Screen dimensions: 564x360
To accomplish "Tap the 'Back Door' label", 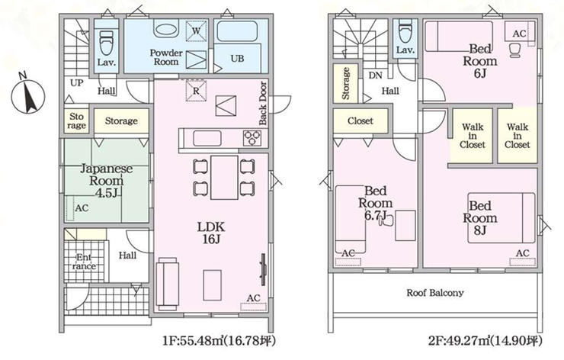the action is (x=263, y=103).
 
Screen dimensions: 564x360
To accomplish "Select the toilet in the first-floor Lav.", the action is (x=106, y=43).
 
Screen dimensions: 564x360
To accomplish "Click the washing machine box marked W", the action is (x=196, y=31).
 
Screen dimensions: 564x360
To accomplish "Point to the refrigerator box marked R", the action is (x=196, y=91).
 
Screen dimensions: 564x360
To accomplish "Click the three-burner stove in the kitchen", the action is (x=252, y=138).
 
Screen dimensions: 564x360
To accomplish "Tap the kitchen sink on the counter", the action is (x=207, y=138).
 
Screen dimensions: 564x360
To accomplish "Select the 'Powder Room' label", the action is (x=166, y=57).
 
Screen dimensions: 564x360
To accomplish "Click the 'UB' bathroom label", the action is (x=237, y=58).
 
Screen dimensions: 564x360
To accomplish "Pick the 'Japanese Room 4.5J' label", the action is (x=106, y=181).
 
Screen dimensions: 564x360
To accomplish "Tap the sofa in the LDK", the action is (x=167, y=284).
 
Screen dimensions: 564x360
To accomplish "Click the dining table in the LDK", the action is (x=224, y=178).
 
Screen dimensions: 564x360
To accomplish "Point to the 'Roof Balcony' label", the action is (x=435, y=293).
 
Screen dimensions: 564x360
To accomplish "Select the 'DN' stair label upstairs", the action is (x=375, y=76).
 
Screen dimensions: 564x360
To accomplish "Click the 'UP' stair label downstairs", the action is (x=77, y=83).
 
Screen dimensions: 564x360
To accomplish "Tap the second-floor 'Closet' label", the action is (x=361, y=121).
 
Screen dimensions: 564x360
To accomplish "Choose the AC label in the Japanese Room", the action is (x=82, y=208).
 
